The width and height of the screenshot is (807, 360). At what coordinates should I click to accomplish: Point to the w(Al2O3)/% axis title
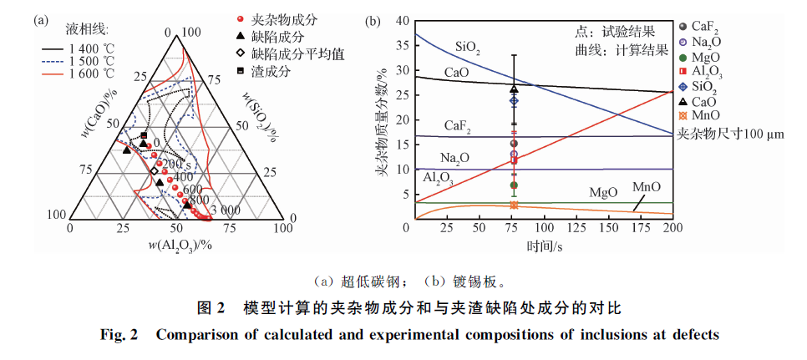(x=176, y=244)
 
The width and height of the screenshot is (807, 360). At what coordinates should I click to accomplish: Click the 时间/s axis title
(x=544, y=246)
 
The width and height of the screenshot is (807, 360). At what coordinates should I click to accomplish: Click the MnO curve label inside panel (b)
(x=647, y=186)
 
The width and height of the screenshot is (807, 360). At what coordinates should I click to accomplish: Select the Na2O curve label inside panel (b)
(x=453, y=158)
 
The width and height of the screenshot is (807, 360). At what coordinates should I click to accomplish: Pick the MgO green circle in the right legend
(x=686, y=58)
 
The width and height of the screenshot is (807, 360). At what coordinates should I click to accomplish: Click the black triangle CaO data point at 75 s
(x=514, y=89)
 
